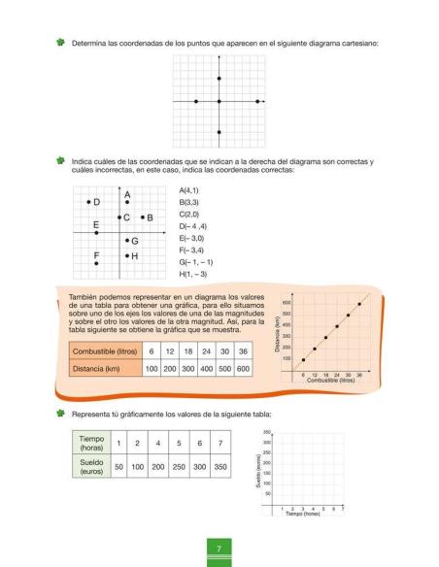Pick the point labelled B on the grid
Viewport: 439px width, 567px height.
[x=142, y=217]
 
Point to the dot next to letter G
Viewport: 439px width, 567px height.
[x=127, y=240]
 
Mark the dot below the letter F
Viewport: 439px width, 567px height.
[x=96, y=263]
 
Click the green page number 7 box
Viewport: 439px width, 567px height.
[x=219, y=551]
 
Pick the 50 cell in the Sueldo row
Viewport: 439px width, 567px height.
[x=118, y=466]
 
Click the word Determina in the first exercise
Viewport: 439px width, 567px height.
[x=90, y=44]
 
